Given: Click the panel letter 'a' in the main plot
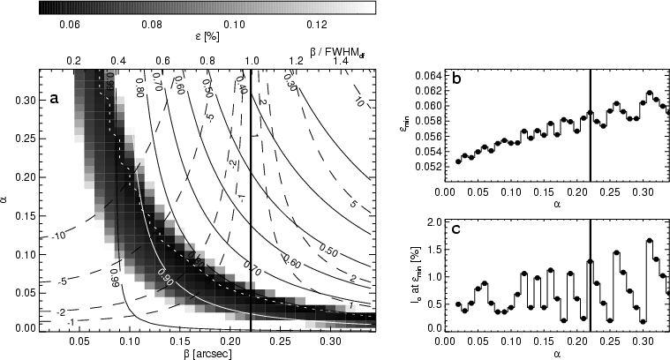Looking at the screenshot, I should click(55, 99).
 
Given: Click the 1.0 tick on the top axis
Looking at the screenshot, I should click(252, 60).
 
